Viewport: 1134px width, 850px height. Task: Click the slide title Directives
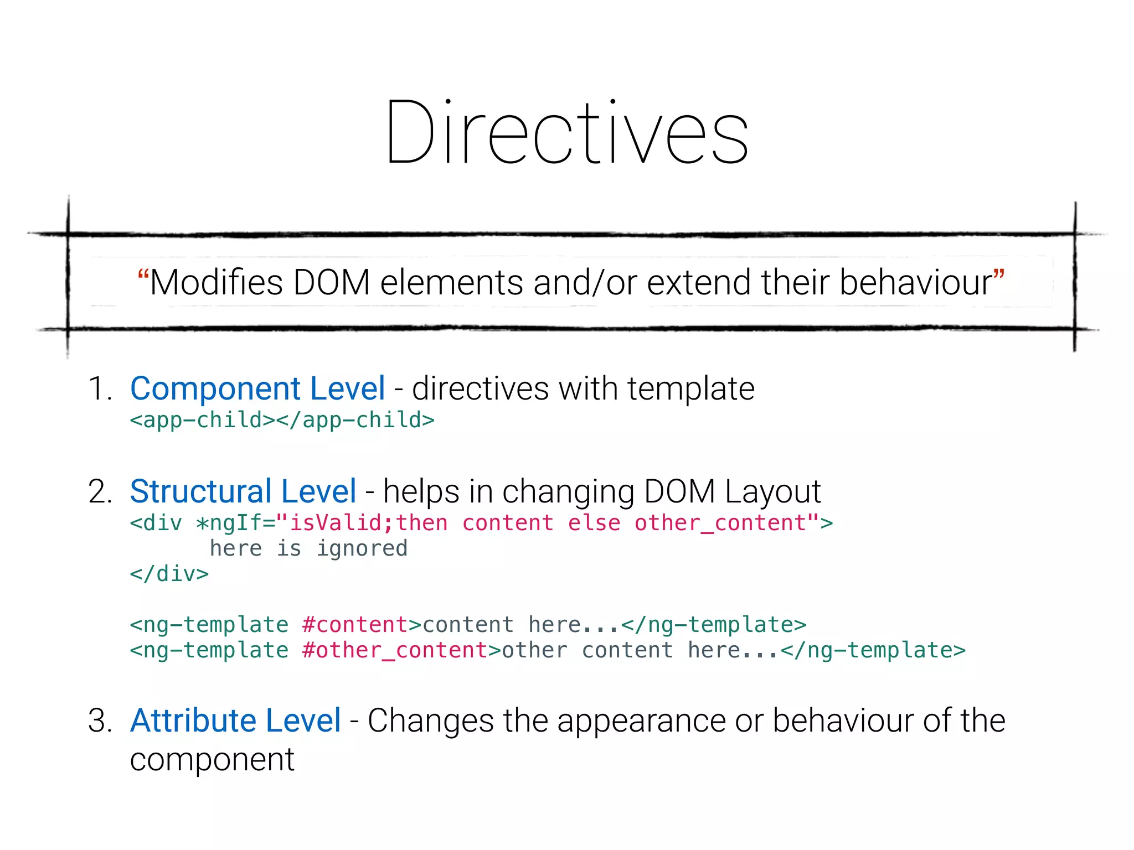point(567,133)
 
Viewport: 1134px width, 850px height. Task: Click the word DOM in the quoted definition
point(331,283)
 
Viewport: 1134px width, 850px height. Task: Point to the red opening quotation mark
point(143,275)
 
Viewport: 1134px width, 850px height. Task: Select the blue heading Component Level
point(257,388)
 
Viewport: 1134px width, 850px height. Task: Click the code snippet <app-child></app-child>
point(282,420)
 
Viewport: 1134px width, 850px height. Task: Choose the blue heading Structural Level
point(243,491)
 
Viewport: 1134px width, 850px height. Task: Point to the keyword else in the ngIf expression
point(594,523)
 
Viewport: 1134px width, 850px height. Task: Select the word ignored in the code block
point(362,548)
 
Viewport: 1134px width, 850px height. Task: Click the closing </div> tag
point(169,574)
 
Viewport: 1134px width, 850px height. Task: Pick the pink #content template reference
point(355,625)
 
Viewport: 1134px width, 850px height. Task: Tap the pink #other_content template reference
point(395,650)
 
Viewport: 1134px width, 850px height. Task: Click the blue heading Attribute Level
point(235,721)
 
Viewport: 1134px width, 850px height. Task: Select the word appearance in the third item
point(641,721)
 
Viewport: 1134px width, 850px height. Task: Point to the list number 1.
point(100,388)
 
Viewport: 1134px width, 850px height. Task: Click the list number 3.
point(100,721)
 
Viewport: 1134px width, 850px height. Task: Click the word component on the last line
point(212,760)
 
